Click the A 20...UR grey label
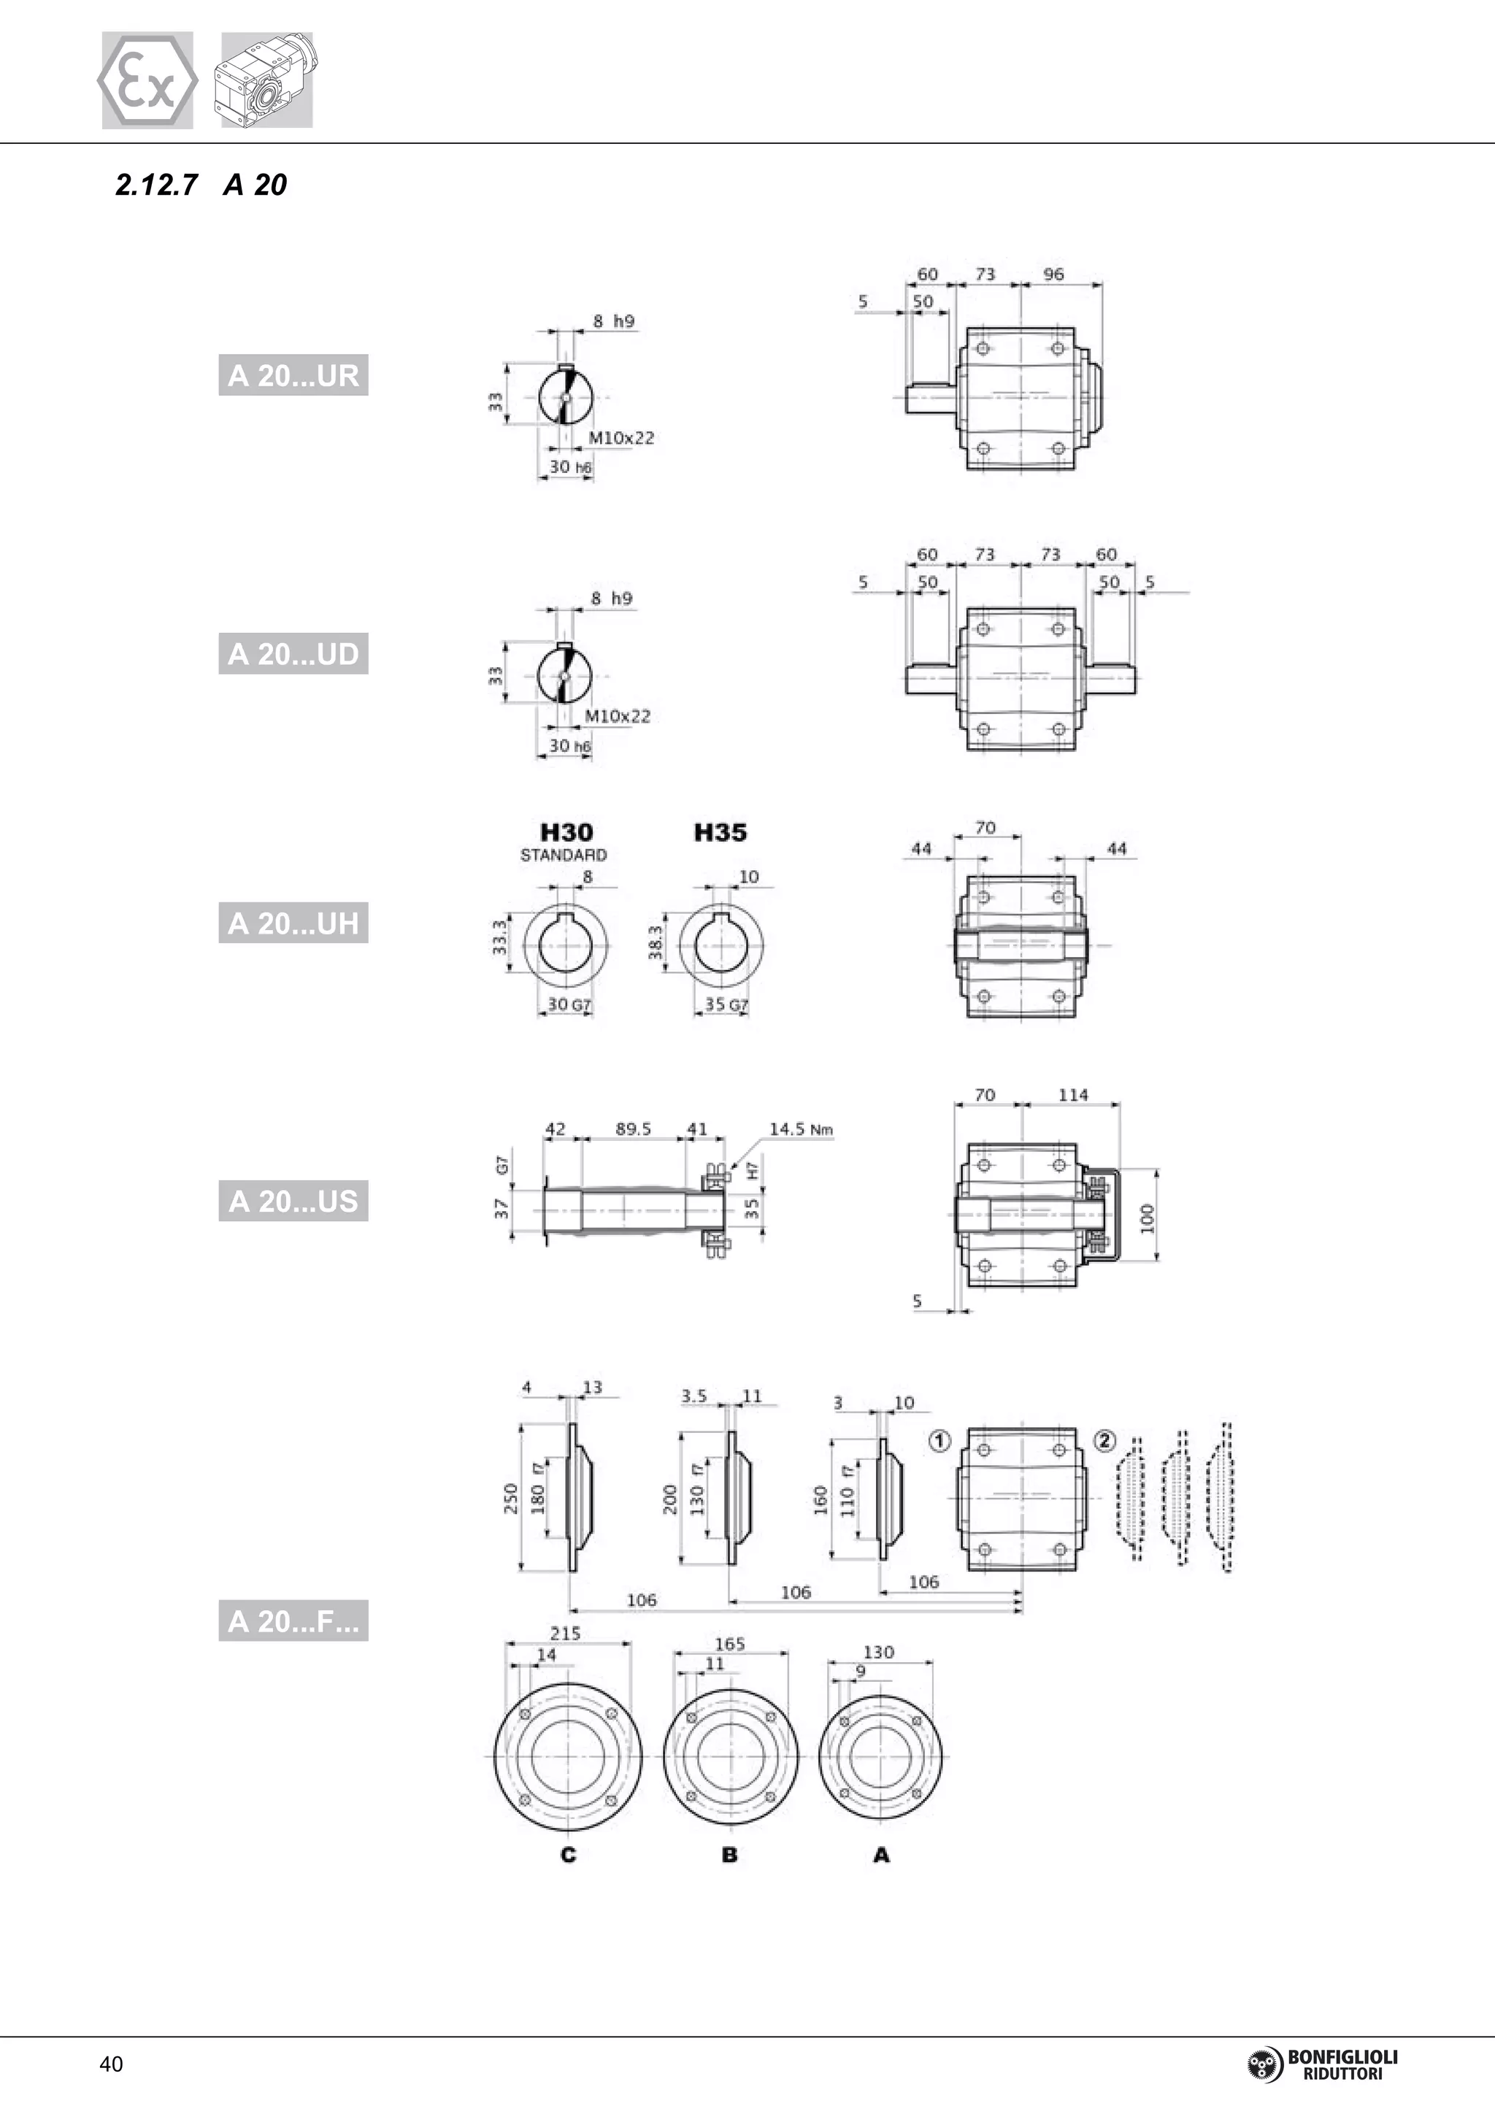293,376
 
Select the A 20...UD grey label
293,654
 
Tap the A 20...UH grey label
293,923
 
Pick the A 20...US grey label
293,1201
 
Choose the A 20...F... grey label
293,1621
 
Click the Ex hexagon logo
147,81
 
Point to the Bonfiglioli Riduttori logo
1323,2064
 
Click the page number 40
112,2064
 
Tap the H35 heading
720,833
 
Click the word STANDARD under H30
564,856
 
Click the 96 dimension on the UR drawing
1053,274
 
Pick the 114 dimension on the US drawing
1072,1095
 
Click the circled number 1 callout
939,1441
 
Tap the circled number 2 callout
1104,1441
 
